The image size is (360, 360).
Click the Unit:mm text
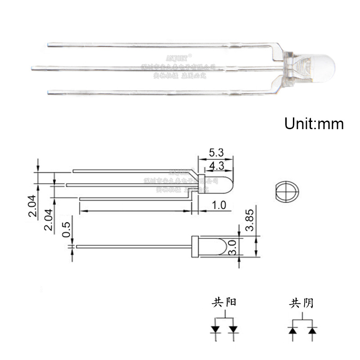314,123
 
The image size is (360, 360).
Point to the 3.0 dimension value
233,247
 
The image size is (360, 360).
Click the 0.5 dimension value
67,229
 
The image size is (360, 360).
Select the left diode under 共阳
216,329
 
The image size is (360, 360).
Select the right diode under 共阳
233,329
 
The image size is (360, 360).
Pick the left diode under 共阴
292,331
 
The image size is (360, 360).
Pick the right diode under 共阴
311,331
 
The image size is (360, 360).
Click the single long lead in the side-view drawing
135,246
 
